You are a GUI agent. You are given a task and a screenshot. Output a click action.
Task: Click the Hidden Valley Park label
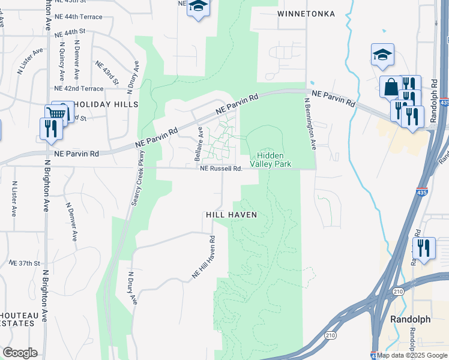tap(279, 159)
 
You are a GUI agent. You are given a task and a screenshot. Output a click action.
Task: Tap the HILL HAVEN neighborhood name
tap(231, 214)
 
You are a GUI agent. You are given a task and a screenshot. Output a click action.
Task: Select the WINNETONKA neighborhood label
tap(306, 13)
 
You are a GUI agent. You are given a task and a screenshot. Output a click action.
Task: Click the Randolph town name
tap(410, 319)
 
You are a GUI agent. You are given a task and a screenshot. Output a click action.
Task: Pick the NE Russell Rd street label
tap(221, 169)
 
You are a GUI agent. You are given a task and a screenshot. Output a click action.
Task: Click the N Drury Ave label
tap(133, 288)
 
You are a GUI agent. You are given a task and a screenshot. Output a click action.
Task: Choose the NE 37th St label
tap(25, 263)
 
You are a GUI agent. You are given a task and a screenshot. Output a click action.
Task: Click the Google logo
tap(20, 353)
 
